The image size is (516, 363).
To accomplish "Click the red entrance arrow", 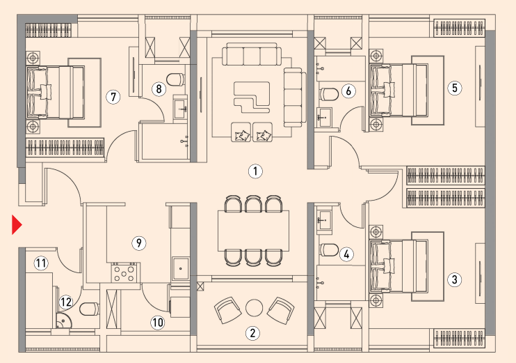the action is (17, 225).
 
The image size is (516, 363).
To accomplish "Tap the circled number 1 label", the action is (255, 171).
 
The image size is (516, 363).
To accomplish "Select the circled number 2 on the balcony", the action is (252, 333).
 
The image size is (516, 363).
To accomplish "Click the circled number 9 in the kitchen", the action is (139, 243).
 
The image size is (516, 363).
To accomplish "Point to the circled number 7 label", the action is (113, 97).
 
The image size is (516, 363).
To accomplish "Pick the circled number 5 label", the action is (455, 88).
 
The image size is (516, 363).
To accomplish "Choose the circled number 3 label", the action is (455, 280).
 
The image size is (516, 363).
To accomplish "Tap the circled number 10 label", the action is (158, 322).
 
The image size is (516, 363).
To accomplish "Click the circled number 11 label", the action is (41, 263).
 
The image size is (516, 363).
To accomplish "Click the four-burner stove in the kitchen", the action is (124, 273).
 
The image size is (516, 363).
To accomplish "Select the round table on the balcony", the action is (254, 308).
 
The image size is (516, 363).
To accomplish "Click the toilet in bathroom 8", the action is (176, 79).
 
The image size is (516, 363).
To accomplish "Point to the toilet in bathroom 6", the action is (329, 94).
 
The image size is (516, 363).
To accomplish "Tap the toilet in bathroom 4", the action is (329, 250).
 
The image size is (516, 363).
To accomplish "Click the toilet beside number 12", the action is (89, 309).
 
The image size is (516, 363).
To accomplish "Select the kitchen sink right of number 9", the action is (180, 269).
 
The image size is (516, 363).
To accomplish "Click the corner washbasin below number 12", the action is (63, 320).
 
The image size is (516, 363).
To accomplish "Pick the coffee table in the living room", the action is (252, 98).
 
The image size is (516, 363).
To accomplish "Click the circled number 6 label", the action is (348, 91).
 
